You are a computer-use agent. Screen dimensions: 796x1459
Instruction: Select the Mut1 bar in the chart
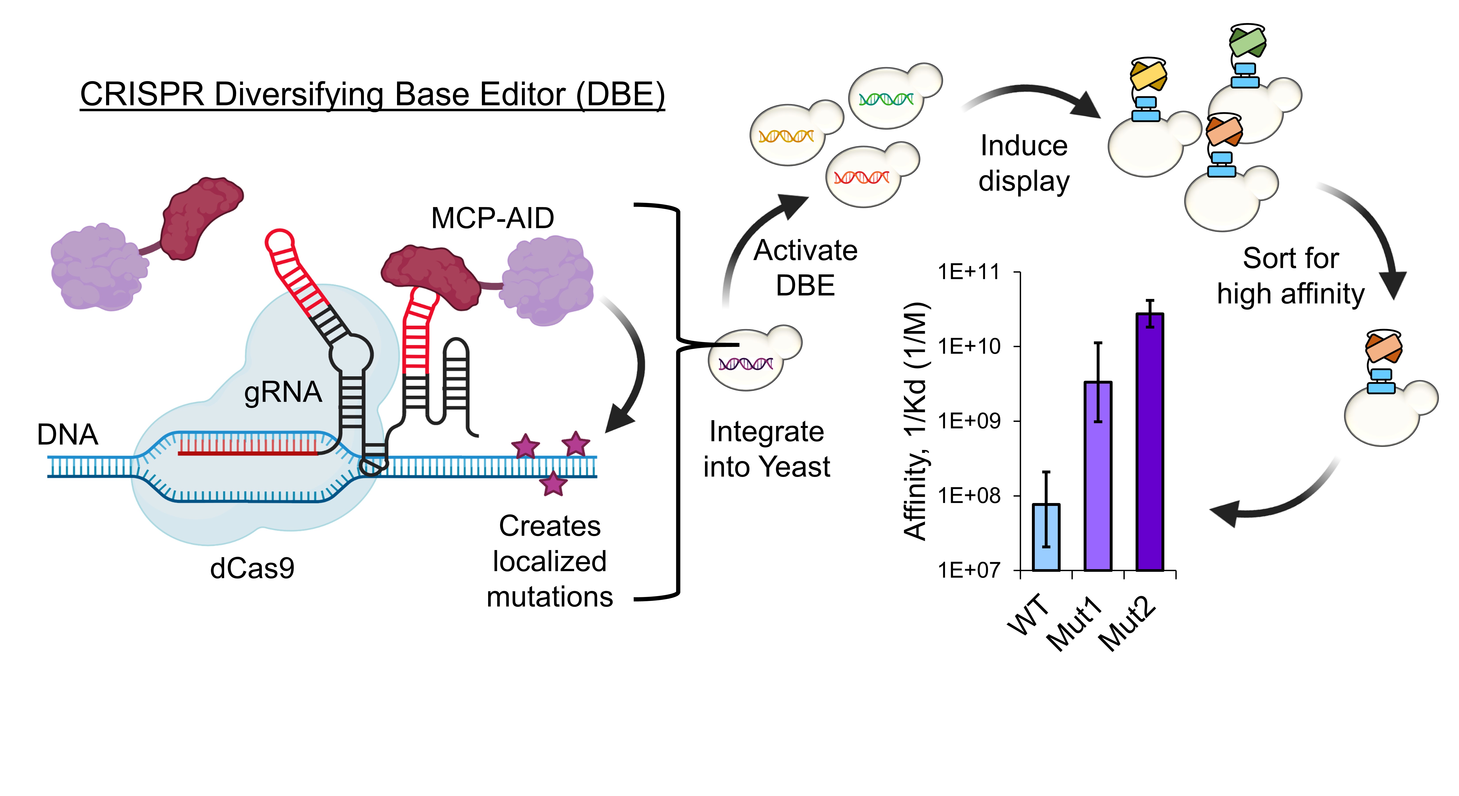pyautogui.click(x=1098, y=476)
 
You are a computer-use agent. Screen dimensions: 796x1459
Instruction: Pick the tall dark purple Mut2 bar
pyautogui.click(x=1150, y=442)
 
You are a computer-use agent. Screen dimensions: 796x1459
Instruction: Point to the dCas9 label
pyautogui.click(x=252, y=568)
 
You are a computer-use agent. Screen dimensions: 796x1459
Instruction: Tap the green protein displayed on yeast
pyautogui.click(x=1247, y=42)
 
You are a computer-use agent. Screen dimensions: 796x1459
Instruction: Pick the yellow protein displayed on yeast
pyautogui.click(x=1148, y=77)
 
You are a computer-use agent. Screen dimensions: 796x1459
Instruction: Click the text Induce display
pyautogui.click(x=1024, y=163)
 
